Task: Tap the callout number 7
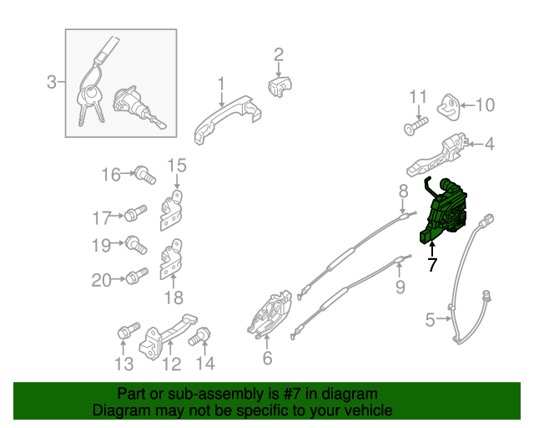coord(432,264)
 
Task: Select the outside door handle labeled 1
coord(226,120)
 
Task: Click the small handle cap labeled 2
coord(280,87)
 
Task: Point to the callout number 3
coord(52,82)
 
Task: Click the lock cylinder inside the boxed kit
coord(139,108)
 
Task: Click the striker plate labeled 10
coord(449,107)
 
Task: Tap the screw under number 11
coord(416,126)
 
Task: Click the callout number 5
coord(431,320)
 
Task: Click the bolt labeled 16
coord(146,175)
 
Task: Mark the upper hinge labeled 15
coord(171,210)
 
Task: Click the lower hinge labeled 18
coord(171,259)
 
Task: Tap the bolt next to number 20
coord(137,276)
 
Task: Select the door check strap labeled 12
coord(168,337)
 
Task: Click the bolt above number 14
coord(199,336)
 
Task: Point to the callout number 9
coord(400,287)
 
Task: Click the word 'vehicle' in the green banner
coord(370,410)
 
